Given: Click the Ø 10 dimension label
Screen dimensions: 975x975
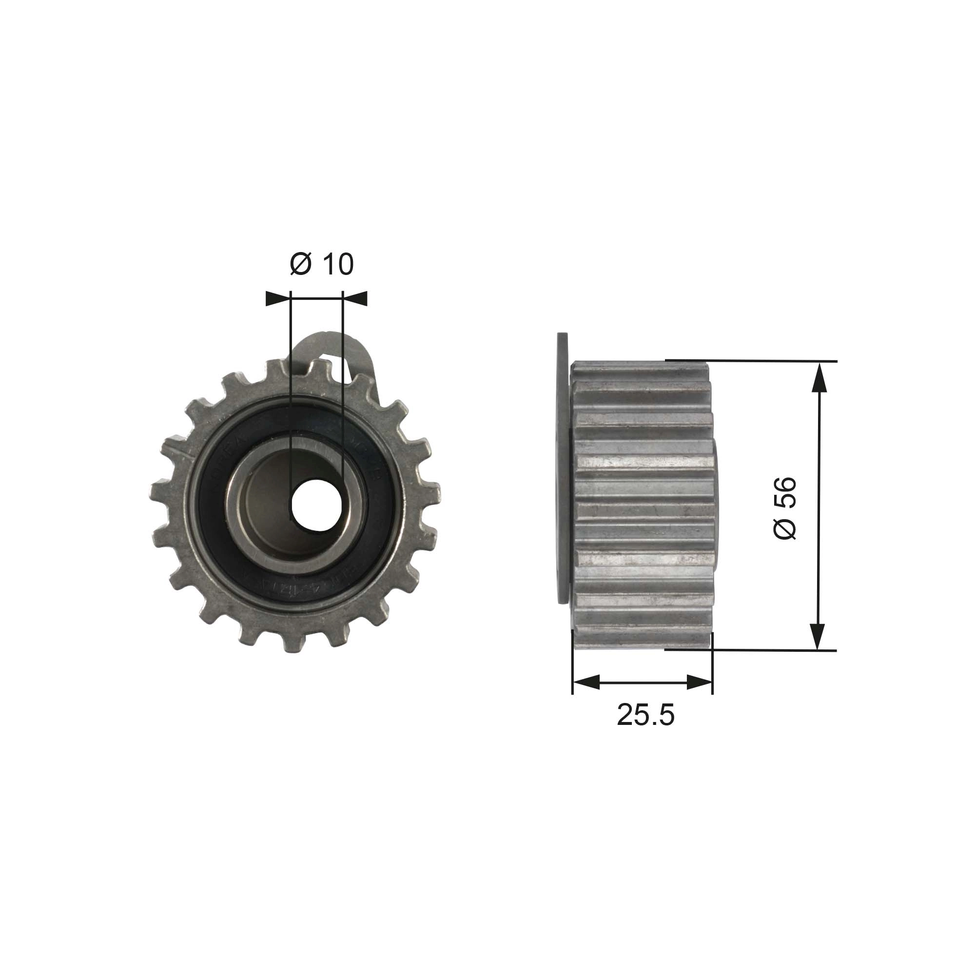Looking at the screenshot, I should pos(321,264).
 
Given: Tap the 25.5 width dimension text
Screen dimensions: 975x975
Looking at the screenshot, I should pos(645,715).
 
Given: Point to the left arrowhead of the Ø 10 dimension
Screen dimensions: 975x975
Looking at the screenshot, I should pos(278,299).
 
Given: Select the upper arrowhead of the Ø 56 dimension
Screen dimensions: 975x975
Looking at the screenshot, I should pos(818,376).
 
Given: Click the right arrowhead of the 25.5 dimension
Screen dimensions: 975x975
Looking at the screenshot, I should pos(700,683).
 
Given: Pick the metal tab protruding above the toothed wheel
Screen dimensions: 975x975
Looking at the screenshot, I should pos(343,348).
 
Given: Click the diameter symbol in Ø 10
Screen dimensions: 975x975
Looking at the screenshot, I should pos(301,264).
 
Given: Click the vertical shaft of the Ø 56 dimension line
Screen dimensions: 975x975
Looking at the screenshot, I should pos(818,505).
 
